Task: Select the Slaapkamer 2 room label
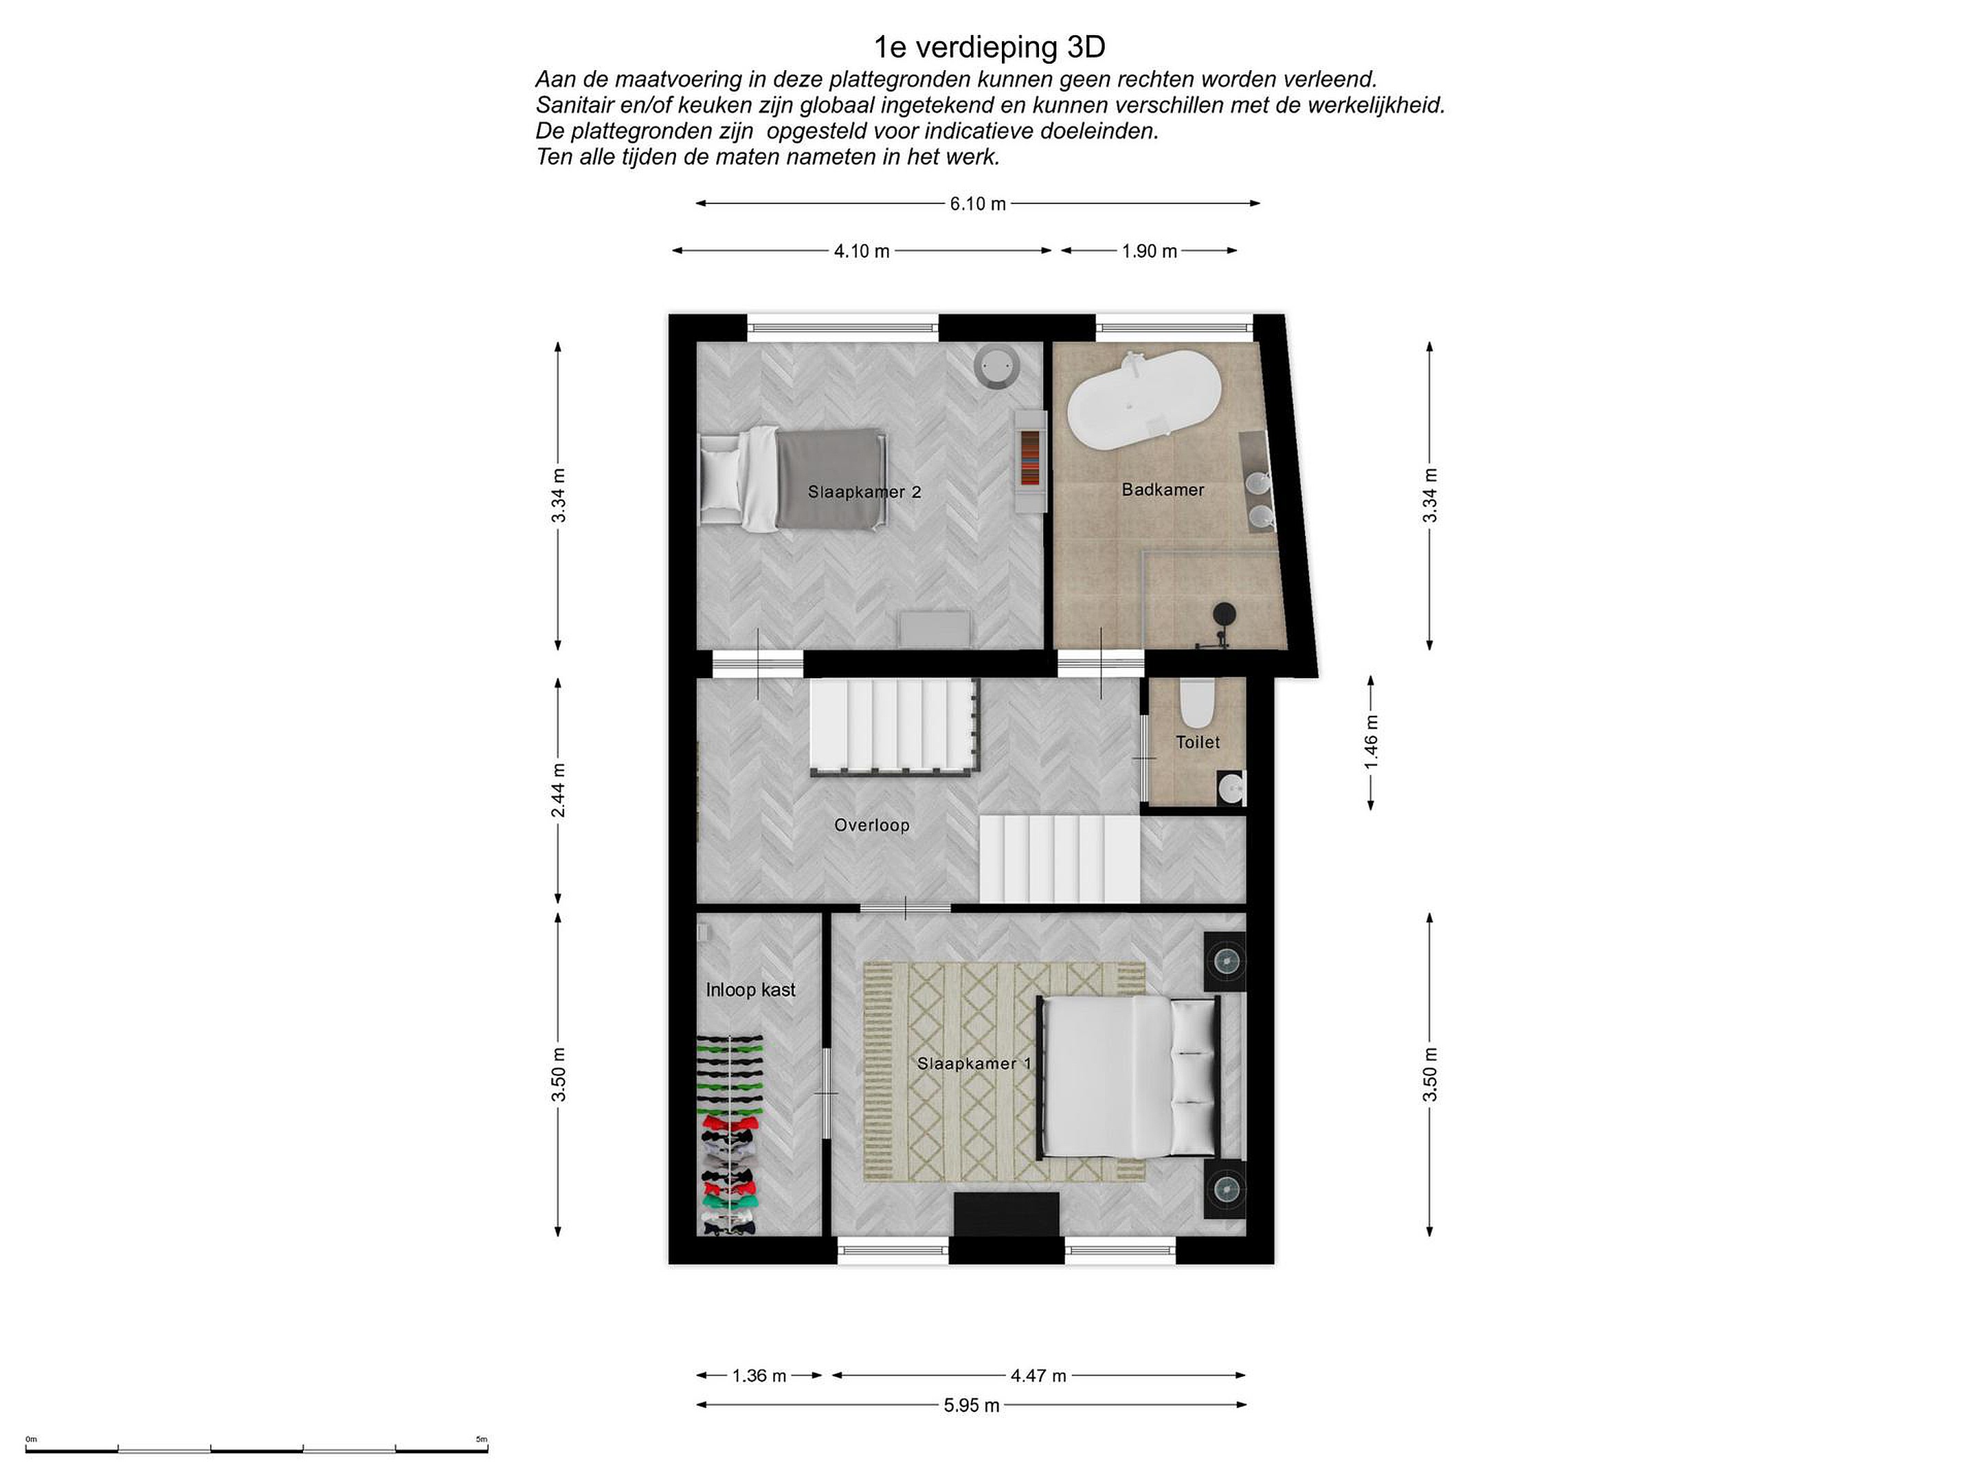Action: click(x=864, y=492)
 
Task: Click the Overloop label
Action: click(x=871, y=824)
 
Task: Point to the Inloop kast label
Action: click(x=750, y=989)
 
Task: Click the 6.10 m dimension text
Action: click(x=978, y=204)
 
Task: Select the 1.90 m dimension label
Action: click(x=1150, y=251)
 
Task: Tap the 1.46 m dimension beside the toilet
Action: click(x=1372, y=741)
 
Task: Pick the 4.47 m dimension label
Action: click(x=1039, y=1375)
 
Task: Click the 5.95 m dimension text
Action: click(x=972, y=1405)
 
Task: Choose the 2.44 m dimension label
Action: click(x=558, y=790)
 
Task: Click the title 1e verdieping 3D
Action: click(x=989, y=47)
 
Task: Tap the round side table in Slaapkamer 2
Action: click(x=995, y=366)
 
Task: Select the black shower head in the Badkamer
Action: click(x=1223, y=614)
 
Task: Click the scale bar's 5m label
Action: click(x=481, y=1439)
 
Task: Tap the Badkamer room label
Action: click(x=1163, y=489)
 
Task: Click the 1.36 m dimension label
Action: click(x=759, y=1375)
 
